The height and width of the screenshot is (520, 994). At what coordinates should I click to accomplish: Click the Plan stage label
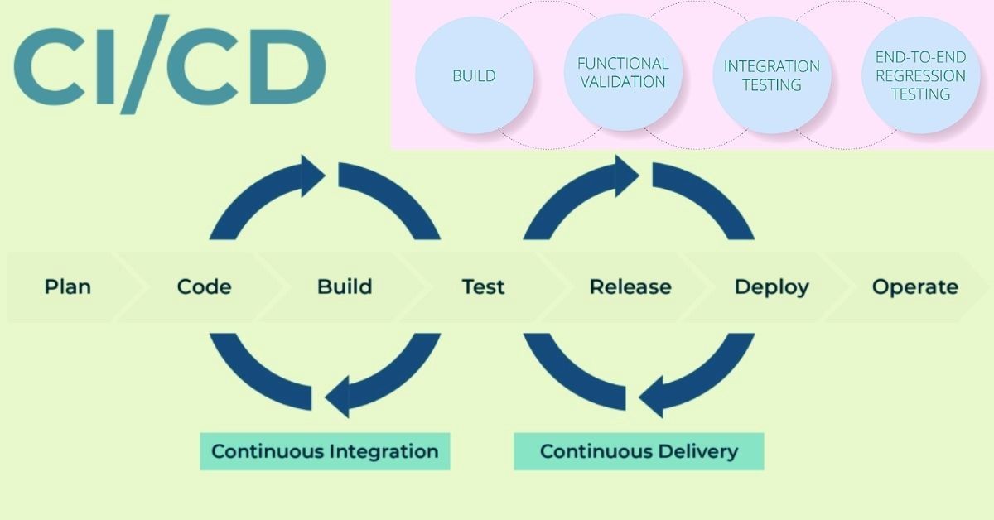[68, 286]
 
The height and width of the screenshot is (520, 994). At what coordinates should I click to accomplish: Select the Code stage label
[204, 286]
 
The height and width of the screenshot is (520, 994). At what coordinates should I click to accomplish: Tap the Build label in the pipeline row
[345, 286]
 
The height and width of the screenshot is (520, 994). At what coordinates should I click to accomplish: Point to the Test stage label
[483, 286]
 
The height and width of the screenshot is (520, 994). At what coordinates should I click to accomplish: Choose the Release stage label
[630, 286]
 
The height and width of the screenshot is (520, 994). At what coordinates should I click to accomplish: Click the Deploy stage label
[772, 287]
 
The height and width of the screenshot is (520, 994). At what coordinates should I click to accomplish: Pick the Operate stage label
[915, 287]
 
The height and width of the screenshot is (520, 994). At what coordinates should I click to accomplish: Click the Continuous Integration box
[325, 451]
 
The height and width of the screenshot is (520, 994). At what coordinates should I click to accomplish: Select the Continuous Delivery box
[639, 451]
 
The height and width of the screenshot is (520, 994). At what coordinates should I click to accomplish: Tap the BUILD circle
[475, 75]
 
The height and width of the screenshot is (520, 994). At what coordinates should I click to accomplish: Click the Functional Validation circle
[623, 73]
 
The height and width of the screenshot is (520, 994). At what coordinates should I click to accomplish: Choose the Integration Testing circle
[772, 75]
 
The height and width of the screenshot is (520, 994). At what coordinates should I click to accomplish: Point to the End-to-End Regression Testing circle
[921, 75]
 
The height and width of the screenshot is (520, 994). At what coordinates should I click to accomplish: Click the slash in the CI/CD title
[145, 65]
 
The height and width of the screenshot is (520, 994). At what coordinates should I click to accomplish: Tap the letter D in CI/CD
[288, 66]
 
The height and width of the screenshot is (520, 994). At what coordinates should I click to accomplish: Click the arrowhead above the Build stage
[313, 176]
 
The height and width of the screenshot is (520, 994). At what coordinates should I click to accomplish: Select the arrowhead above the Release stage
[627, 176]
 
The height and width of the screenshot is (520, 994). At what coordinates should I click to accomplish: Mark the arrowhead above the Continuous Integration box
[337, 397]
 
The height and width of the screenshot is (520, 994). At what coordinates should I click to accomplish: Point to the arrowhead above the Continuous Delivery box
[651, 397]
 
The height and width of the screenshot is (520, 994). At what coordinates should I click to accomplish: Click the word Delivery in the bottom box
[698, 452]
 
